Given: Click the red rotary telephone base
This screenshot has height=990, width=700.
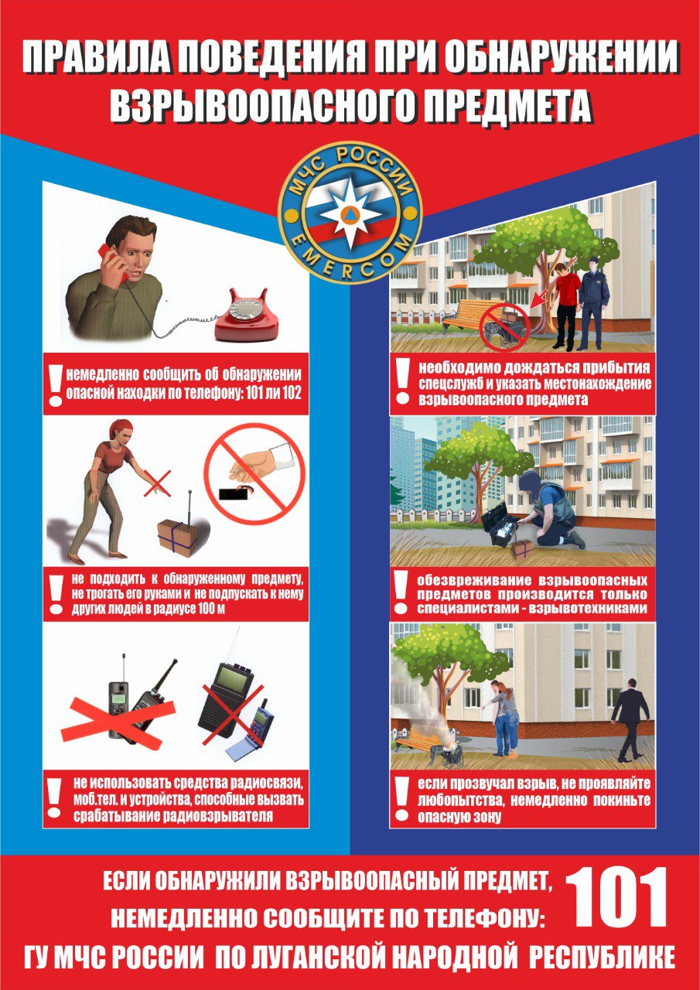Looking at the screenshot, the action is pos(247,316).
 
